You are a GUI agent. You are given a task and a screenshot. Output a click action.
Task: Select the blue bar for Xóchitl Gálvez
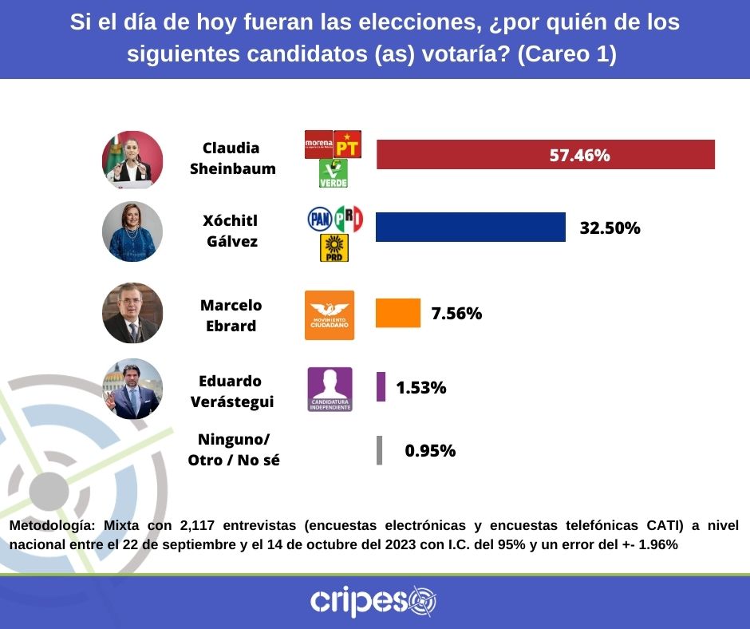pyautogui.click(x=470, y=227)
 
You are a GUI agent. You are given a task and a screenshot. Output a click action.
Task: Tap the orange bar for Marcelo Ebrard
pyautogui.click(x=397, y=313)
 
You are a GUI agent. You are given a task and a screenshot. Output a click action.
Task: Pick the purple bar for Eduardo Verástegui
pyautogui.click(x=381, y=387)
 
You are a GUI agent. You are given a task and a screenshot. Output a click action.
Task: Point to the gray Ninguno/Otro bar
pyautogui.click(x=379, y=450)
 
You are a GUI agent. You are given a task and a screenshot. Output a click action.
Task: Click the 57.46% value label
pyautogui.click(x=579, y=156)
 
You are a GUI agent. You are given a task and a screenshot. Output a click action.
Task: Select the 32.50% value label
pyautogui.click(x=610, y=228)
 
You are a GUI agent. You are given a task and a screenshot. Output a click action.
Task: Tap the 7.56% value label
pyautogui.click(x=456, y=314)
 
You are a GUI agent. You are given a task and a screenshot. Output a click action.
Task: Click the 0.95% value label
pyautogui.click(x=430, y=450)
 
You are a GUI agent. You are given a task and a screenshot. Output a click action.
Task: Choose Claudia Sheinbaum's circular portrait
pyautogui.click(x=132, y=160)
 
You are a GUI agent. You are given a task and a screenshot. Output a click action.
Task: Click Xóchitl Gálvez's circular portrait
pyautogui.click(x=132, y=232)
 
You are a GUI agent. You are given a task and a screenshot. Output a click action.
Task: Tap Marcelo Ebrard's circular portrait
pyautogui.click(x=132, y=313)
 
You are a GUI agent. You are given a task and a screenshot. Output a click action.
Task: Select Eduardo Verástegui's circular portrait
pyautogui.click(x=132, y=389)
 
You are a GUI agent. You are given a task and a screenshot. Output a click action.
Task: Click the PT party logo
pyautogui.click(x=347, y=145)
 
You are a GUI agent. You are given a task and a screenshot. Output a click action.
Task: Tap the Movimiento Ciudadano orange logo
pyautogui.click(x=330, y=315)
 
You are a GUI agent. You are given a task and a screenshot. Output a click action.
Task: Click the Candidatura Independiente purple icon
pyautogui.click(x=330, y=390)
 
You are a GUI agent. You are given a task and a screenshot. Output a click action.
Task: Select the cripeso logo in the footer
pyautogui.click(x=373, y=601)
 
